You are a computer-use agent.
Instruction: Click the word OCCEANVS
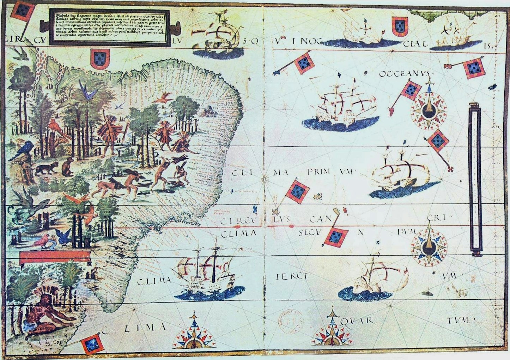(x=404, y=74)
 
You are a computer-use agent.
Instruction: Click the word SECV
(x=310, y=233)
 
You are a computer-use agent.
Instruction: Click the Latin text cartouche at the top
(x=109, y=28)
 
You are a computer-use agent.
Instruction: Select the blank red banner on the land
(x=56, y=257)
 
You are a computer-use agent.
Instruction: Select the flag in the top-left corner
(x=22, y=11)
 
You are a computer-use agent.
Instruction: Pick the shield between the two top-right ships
(x=399, y=27)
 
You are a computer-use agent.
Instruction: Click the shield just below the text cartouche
(x=100, y=58)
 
